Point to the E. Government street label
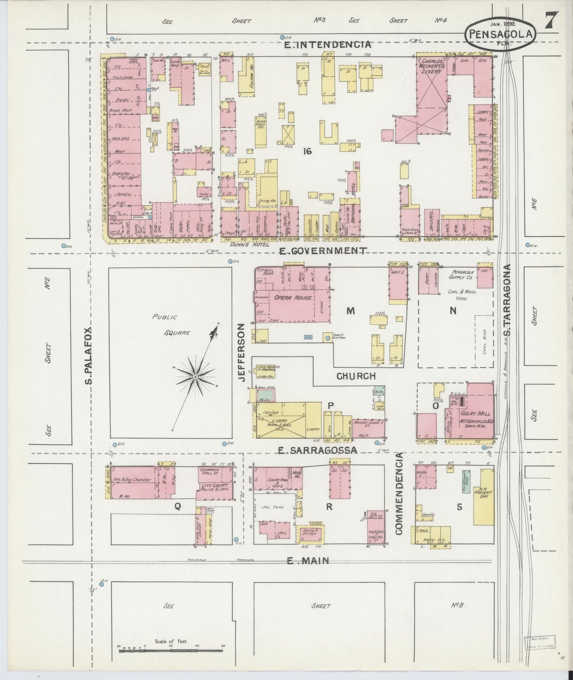pyautogui.click(x=322, y=251)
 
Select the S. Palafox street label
pyautogui.click(x=88, y=356)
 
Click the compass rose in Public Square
pyautogui.click(x=195, y=375)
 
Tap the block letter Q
pyautogui.click(x=178, y=505)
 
